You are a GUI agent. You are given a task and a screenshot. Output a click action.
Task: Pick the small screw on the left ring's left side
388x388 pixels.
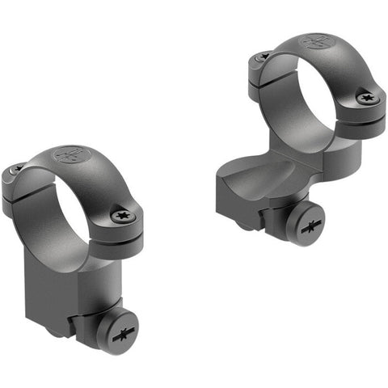tap(17, 169)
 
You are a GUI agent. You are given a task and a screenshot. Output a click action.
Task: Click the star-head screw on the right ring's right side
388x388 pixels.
tap(369, 99)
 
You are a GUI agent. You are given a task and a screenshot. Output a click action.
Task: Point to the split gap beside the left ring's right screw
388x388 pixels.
tap(129, 232)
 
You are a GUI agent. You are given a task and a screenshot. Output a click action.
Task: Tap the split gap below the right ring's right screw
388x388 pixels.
tap(368, 115)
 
